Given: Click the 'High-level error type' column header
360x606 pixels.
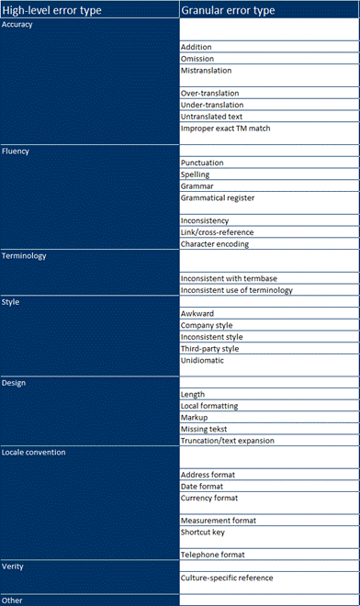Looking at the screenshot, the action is tap(51, 10).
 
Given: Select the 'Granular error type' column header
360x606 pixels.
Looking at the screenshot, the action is tap(234, 10).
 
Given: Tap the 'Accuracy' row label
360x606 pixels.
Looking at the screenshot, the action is tap(18, 25).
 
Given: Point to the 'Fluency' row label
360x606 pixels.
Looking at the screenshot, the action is tap(17, 151).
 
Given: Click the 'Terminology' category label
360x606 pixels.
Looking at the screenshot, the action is tap(25, 256).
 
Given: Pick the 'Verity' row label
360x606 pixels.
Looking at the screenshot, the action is tap(15, 567).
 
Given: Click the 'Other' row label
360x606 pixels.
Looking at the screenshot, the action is tap(13, 600).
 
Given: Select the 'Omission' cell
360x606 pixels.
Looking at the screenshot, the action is tap(199, 59).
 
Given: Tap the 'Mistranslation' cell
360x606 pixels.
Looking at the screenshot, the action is tap(207, 71).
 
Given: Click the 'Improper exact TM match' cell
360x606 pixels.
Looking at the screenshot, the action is tap(226, 129).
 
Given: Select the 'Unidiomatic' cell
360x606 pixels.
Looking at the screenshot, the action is tap(203, 360).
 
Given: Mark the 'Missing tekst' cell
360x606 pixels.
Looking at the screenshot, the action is tap(205, 429).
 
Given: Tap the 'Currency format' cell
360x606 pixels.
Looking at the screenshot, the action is tap(209, 498).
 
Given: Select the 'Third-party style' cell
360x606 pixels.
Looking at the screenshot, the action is tap(209, 348).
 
